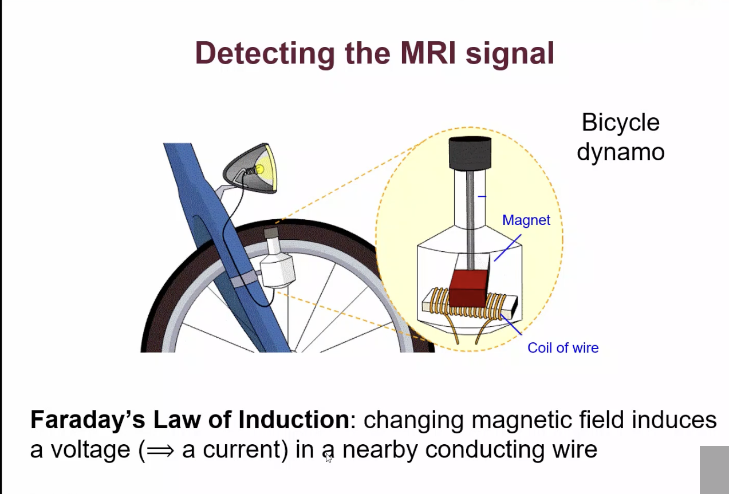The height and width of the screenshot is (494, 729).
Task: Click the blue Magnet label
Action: pyautogui.click(x=526, y=220)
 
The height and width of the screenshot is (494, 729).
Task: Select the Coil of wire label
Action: pyautogui.click(x=563, y=348)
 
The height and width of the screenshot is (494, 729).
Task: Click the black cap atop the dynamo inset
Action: pyautogui.click(x=470, y=153)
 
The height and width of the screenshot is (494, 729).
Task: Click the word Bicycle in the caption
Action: pyautogui.click(x=620, y=122)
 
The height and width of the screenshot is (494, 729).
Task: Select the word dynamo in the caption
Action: pyautogui.click(x=620, y=152)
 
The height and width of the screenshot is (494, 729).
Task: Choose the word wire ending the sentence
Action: pyautogui.click(x=575, y=449)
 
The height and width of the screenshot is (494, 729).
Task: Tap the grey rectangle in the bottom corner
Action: pyautogui.click(x=714, y=469)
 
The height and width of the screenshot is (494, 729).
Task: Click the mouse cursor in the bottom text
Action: pyautogui.click(x=329, y=457)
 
